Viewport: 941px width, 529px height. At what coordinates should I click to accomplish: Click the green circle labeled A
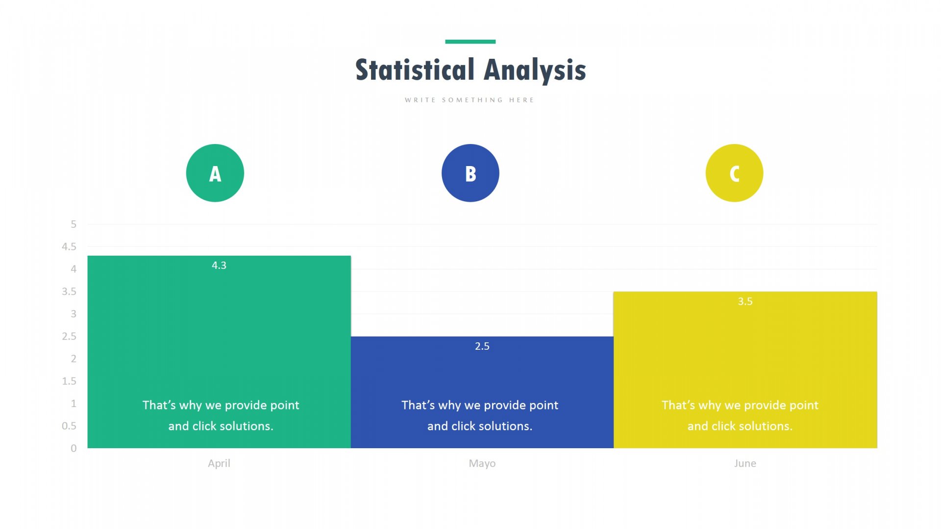click(215, 173)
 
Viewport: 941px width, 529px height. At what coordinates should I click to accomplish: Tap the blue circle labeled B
click(470, 173)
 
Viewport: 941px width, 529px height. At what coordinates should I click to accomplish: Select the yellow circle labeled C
click(734, 173)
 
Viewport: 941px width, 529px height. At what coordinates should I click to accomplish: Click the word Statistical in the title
click(415, 70)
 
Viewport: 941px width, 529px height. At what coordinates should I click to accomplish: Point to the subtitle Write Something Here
click(470, 100)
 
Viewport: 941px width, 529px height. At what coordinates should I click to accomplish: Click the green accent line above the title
click(470, 42)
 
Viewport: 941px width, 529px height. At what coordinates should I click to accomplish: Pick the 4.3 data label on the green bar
click(219, 265)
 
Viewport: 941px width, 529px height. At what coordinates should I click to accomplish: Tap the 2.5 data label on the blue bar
click(482, 346)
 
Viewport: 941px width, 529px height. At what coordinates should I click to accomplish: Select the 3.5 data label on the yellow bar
click(745, 301)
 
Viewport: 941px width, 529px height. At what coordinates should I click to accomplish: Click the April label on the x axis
click(219, 464)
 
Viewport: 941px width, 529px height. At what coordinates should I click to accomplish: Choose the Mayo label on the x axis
click(482, 464)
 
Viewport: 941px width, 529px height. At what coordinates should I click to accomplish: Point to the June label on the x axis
click(745, 463)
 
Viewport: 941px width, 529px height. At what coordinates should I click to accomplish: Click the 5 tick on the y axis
click(74, 224)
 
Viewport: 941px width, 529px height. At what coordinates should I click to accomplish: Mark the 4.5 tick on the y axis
click(69, 247)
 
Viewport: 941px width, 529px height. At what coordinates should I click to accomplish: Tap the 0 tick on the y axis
click(74, 448)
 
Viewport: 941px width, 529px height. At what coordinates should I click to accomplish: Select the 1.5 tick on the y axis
click(69, 381)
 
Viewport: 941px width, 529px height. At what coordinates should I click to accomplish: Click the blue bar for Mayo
click(482, 392)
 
